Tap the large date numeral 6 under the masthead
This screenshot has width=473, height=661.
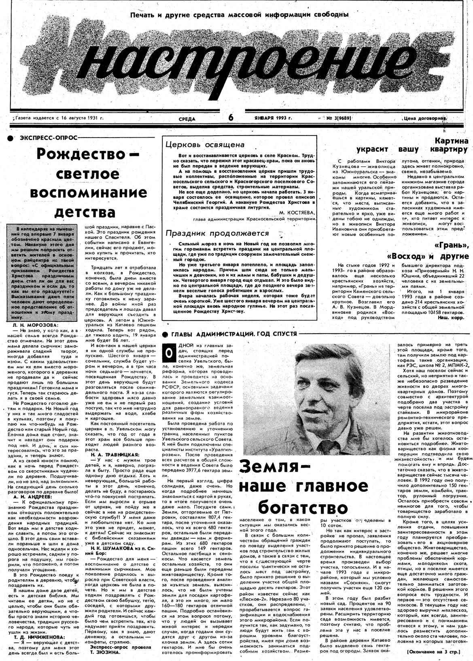(x=231, y=118)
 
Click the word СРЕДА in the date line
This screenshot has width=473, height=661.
(x=187, y=119)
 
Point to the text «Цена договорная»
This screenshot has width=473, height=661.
(x=424, y=119)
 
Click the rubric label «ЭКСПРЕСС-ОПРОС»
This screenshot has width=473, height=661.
(x=48, y=138)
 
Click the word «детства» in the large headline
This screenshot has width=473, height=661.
(x=85, y=212)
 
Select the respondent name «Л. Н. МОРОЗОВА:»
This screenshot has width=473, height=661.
(x=36, y=325)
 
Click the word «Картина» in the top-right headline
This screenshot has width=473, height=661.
(x=451, y=141)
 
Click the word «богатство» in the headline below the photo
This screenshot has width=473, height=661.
(x=303, y=507)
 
